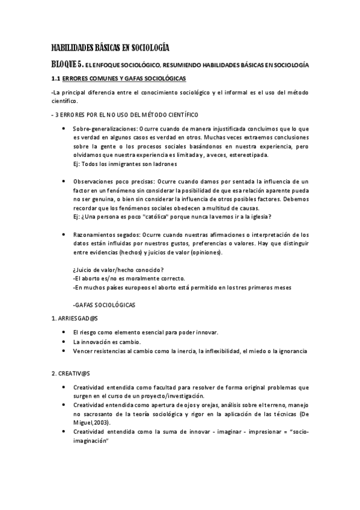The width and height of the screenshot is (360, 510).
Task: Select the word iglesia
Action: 259,216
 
